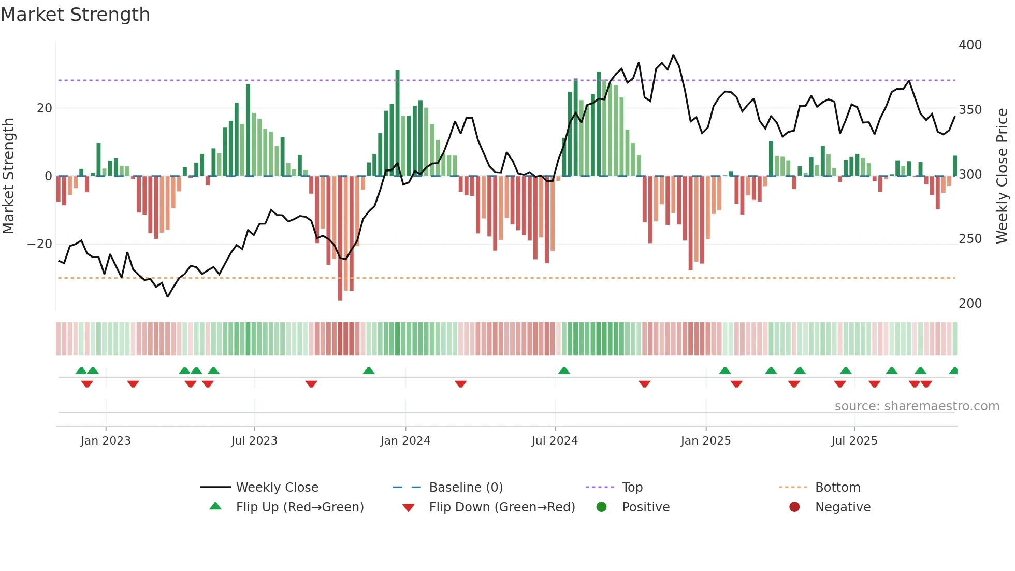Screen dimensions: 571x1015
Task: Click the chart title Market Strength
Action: (x=75, y=15)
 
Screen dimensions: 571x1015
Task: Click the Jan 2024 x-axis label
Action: (x=405, y=441)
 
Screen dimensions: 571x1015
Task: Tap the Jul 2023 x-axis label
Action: (x=254, y=441)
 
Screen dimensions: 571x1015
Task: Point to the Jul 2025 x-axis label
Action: (x=854, y=441)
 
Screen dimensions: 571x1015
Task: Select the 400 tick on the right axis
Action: (x=970, y=45)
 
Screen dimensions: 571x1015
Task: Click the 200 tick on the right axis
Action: (x=970, y=304)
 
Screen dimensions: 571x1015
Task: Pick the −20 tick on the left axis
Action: (x=40, y=244)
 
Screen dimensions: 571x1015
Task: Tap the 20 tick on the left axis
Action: (x=45, y=108)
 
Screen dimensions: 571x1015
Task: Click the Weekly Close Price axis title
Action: (x=1002, y=176)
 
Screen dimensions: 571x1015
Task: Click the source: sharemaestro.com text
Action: (x=917, y=406)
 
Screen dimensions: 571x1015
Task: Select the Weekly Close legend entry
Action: (x=277, y=488)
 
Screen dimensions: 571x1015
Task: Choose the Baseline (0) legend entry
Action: (x=466, y=488)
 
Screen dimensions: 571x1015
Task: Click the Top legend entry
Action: (x=632, y=488)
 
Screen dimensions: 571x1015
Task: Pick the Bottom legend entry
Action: (x=837, y=488)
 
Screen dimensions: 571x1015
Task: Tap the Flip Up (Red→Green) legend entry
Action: (x=299, y=507)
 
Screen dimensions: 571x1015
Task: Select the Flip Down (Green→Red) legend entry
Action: (x=501, y=507)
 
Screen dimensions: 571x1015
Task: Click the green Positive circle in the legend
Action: (x=601, y=507)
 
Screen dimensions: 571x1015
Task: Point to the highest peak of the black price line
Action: (x=673, y=55)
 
